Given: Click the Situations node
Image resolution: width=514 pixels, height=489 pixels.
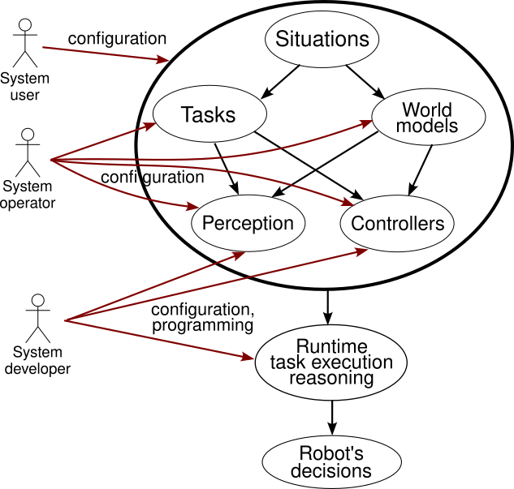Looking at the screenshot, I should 322,39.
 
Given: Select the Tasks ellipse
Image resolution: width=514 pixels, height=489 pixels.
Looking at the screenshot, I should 208,115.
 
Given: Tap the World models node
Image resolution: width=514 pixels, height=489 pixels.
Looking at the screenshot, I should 428,118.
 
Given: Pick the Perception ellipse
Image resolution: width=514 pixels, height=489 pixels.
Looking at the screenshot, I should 248,224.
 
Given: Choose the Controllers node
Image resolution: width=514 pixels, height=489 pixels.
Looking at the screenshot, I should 397,224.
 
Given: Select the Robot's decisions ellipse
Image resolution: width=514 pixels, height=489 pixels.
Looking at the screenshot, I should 330,463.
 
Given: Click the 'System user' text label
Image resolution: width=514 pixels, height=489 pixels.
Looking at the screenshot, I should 24,87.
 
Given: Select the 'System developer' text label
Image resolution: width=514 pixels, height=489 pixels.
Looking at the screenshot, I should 37,361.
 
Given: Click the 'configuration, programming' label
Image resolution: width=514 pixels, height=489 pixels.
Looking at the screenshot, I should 203,317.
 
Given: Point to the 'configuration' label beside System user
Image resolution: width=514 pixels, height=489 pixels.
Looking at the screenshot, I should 117,38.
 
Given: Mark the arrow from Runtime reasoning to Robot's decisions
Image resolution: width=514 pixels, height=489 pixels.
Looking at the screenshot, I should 330,420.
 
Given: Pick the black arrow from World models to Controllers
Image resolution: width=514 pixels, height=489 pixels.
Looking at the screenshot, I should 423,170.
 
